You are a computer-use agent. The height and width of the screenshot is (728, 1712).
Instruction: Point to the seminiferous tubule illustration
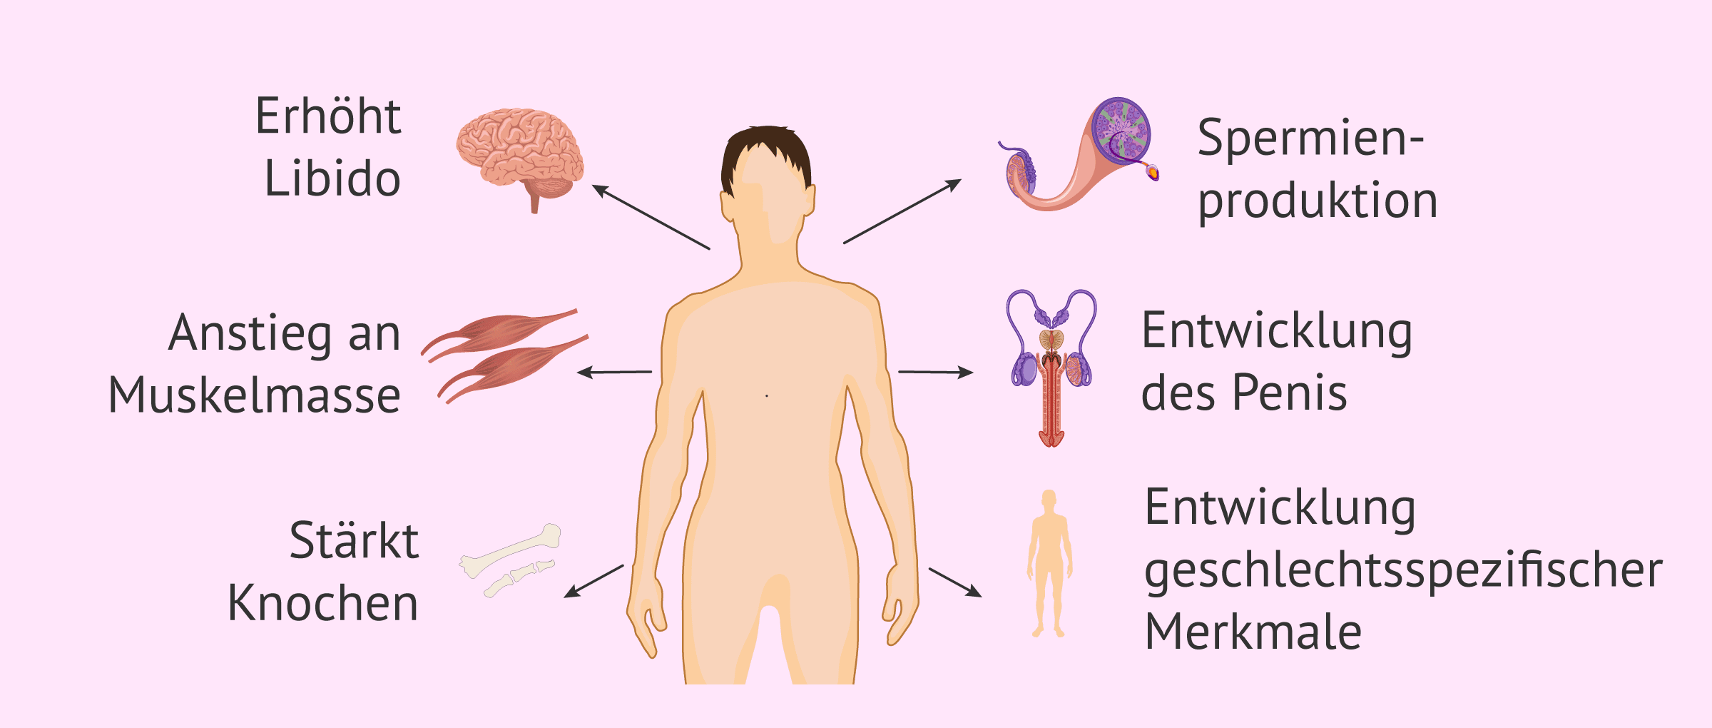coord(1079,154)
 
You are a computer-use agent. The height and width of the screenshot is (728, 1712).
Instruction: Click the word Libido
coord(332,178)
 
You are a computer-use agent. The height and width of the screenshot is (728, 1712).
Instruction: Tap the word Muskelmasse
coord(255,395)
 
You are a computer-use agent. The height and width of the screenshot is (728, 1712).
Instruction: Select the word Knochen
coord(323,603)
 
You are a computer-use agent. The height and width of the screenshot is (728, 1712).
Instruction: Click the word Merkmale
coord(1253,632)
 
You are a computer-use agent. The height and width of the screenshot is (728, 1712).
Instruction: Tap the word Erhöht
coord(328,116)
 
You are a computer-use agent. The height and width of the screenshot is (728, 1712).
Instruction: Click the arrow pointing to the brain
coord(651,217)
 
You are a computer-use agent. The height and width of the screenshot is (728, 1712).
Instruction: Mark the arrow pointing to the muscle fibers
coord(614,372)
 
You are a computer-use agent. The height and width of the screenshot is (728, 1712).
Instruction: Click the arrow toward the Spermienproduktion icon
coord(902,211)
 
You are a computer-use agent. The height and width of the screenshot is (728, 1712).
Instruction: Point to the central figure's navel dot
coord(767,395)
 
